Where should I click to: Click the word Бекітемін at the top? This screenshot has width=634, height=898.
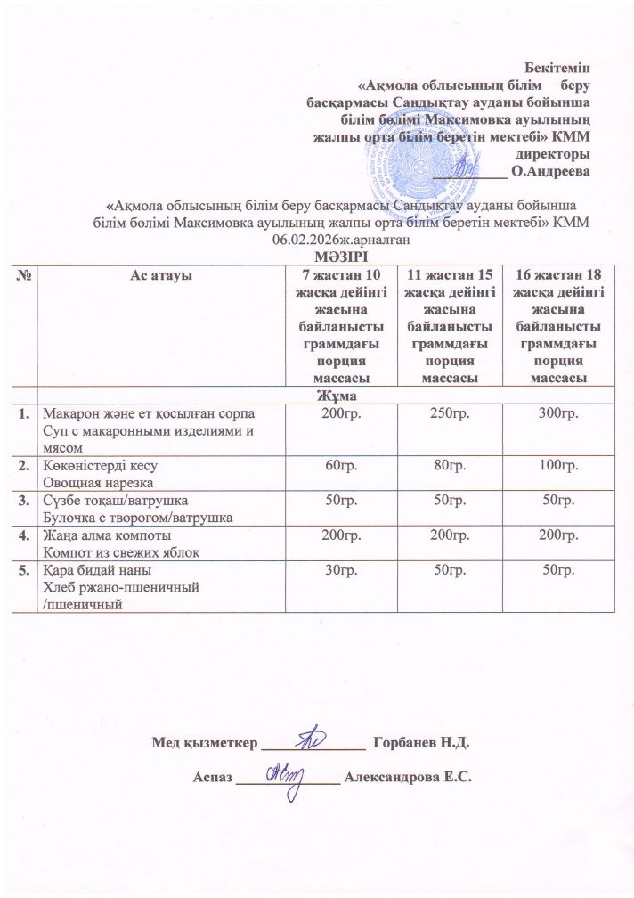(557, 66)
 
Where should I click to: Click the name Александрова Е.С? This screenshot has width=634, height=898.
(407, 776)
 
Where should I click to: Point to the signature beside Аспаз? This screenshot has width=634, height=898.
(288, 771)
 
